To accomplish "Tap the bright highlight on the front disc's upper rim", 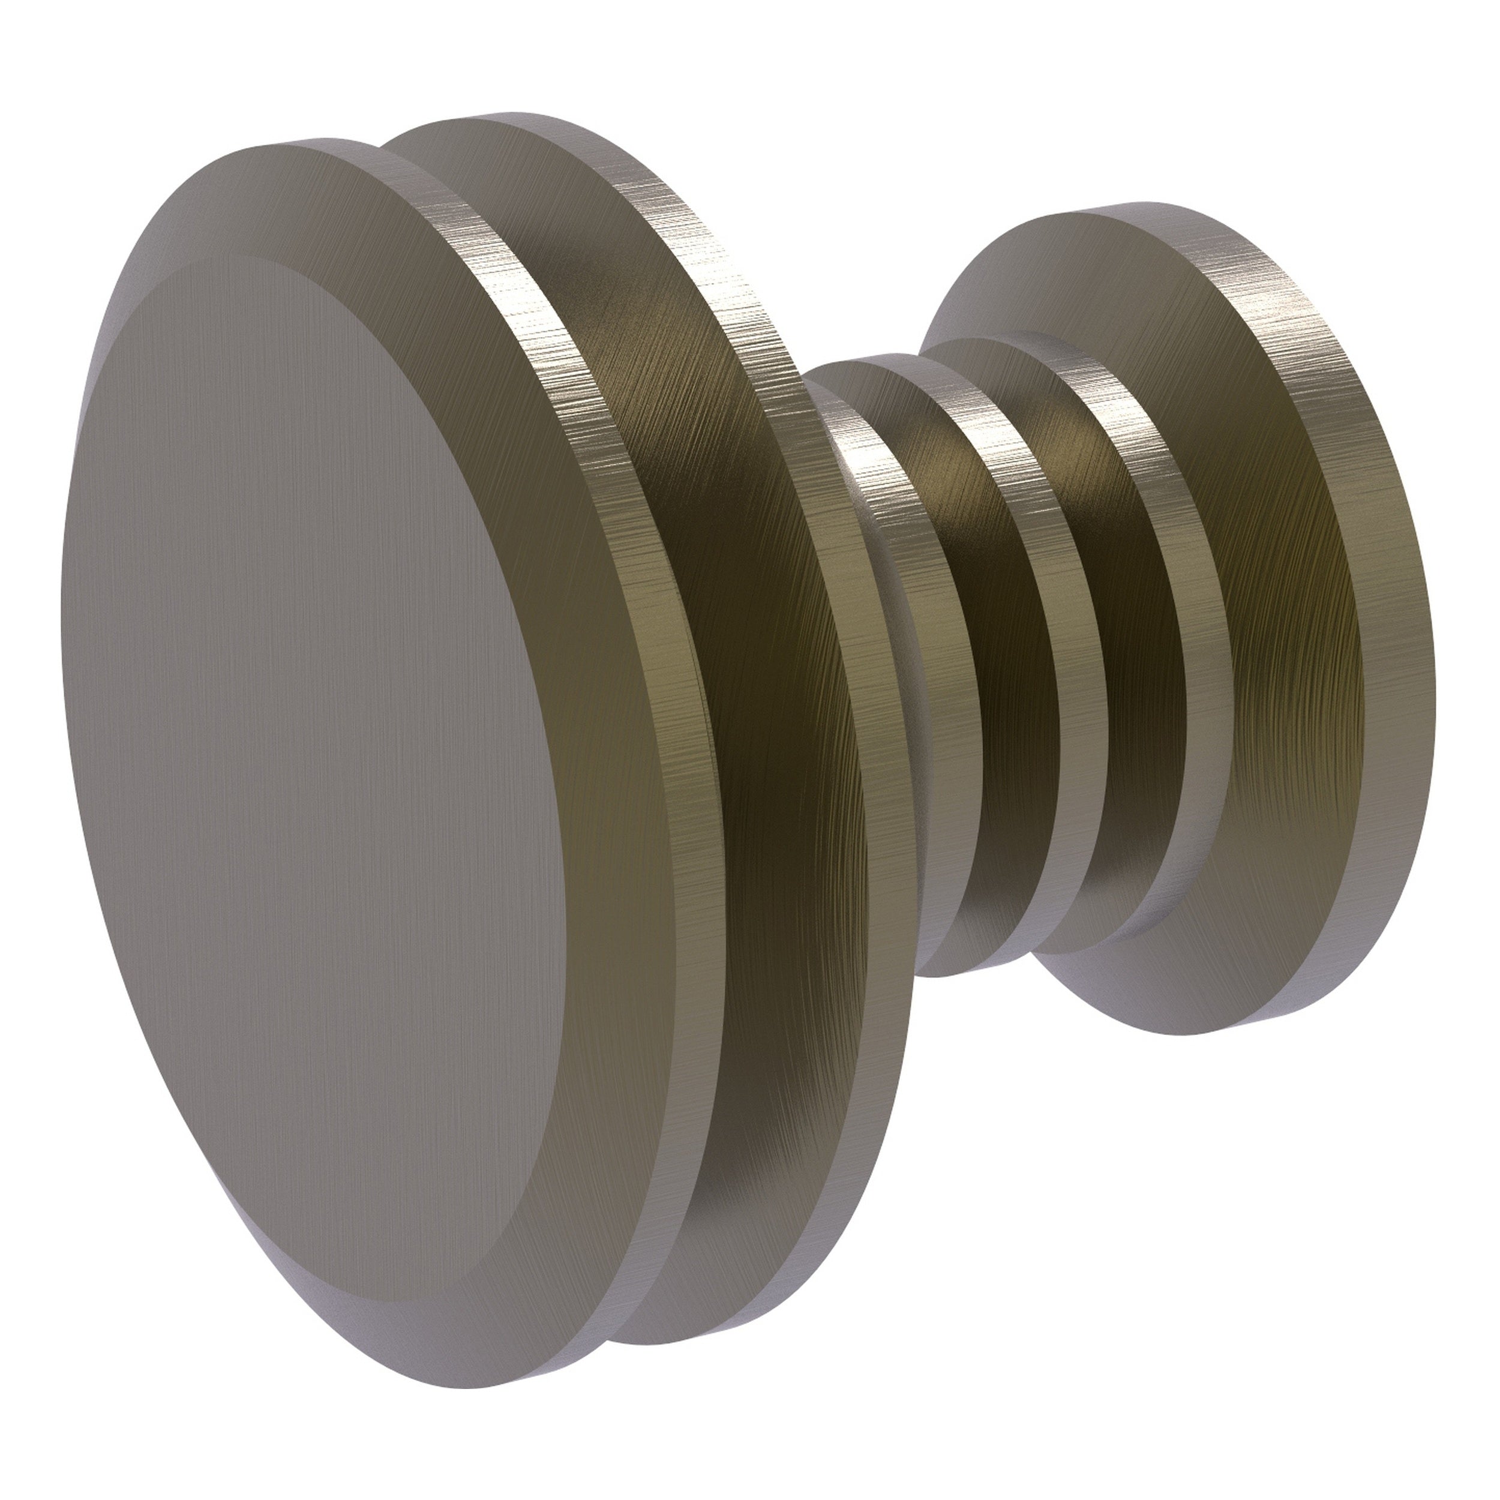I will (528, 311).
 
